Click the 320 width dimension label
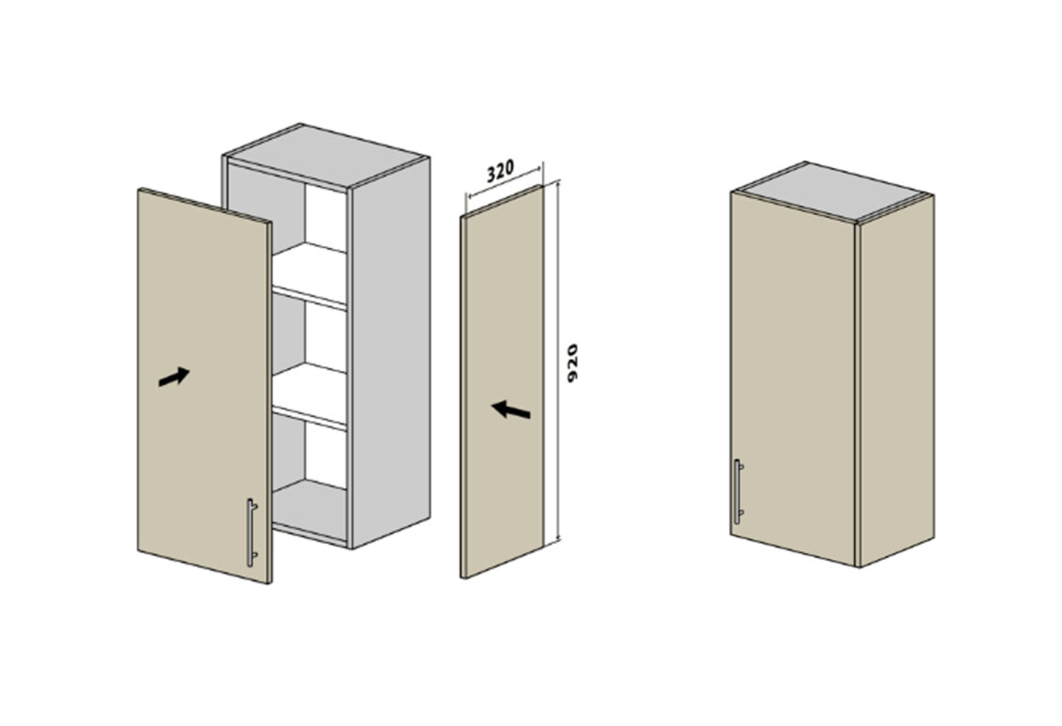(501, 170)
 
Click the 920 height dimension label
(572, 363)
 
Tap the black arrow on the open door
(173, 377)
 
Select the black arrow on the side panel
(510, 409)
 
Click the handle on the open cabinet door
(251, 533)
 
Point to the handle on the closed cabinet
(739, 491)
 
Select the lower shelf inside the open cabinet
(309, 395)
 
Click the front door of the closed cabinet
(793, 378)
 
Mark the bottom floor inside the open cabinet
(309, 509)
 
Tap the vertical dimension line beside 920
(557, 362)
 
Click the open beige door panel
(204, 386)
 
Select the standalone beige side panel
(502, 381)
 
